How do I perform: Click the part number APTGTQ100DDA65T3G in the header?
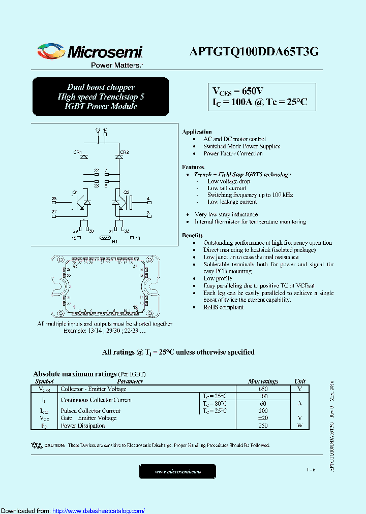click(254, 51)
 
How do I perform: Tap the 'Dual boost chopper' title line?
click(101, 87)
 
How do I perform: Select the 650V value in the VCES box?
click(253, 91)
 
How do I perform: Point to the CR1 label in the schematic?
click(78, 152)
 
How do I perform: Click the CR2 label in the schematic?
click(125, 152)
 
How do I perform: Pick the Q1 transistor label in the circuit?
click(75, 192)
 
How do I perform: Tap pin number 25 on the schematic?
click(54, 199)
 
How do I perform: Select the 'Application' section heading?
click(197, 132)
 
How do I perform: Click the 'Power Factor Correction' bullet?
click(233, 153)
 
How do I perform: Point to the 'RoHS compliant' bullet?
click(224, 307)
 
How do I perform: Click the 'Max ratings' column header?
click(262, 381)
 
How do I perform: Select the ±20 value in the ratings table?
click(263, 418)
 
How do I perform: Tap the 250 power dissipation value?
click(263, 426)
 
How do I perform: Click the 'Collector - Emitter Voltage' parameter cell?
click(94, 389)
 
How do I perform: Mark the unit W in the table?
click(300, 426)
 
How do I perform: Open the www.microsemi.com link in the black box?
click(177, 472)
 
